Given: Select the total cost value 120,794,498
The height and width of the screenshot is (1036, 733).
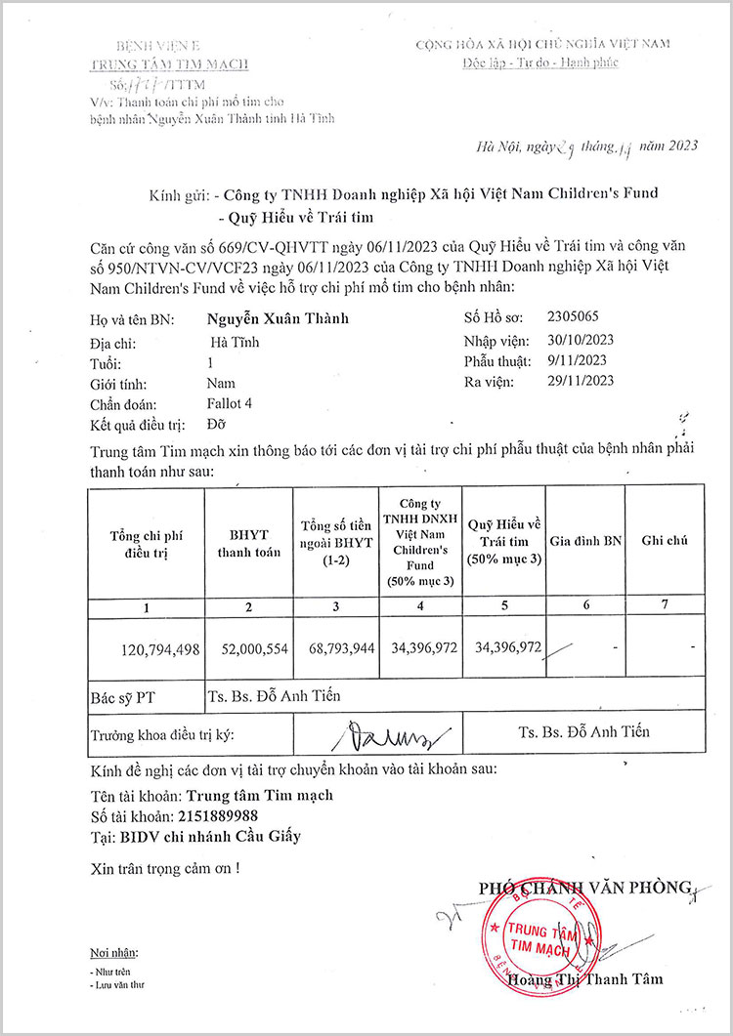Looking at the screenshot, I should [160, 646].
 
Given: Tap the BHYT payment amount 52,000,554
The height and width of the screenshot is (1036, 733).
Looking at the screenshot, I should [248, 646].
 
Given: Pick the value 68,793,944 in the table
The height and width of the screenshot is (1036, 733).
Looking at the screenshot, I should [334, 646].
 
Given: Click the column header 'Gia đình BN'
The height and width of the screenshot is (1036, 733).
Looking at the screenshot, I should [585, 540].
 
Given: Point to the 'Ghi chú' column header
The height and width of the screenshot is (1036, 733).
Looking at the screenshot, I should [665, 540].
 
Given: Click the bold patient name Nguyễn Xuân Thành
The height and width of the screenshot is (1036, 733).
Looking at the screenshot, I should [278, 318].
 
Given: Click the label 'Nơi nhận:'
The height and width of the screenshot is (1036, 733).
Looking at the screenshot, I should [113, 952].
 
